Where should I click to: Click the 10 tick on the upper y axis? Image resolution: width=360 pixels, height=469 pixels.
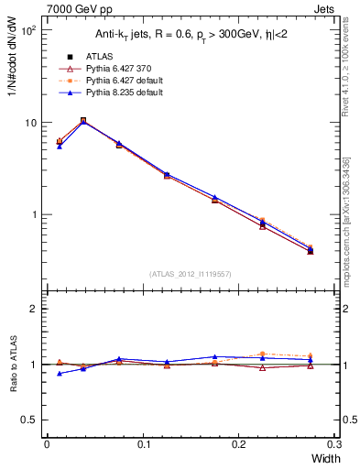30,123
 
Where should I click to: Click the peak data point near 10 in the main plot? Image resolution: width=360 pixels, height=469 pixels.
83,120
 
